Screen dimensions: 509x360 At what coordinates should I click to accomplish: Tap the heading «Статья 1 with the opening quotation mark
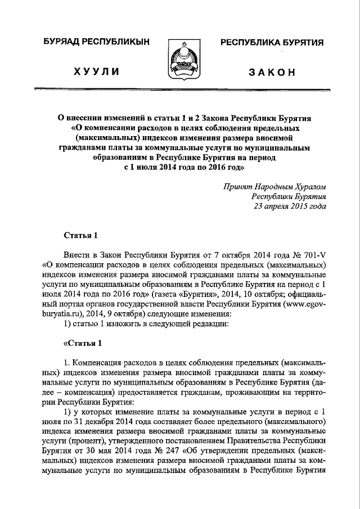point(81,343)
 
